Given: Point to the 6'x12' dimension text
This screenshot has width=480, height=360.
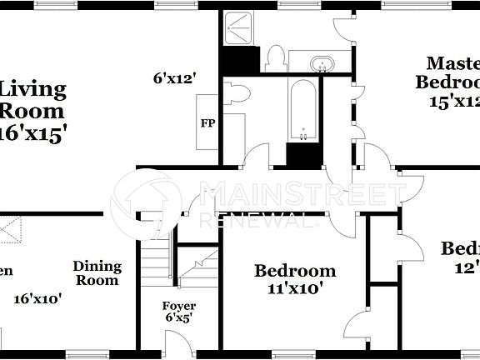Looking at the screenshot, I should coord(174,78).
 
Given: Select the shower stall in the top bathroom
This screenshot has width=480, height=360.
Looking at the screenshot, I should coord(241,30).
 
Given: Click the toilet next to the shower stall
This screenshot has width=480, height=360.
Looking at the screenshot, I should coord(275,58).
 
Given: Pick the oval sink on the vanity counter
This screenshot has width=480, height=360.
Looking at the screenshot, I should coord(321,63).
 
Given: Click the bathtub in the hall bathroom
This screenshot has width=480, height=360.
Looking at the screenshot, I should coord(303,109).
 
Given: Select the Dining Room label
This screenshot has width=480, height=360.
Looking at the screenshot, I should coord(97,273).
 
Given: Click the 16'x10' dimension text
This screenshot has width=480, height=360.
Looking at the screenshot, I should coord(38,297).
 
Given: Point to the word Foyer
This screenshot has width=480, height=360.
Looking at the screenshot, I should coord(178,306).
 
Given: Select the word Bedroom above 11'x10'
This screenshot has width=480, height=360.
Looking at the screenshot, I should coord(295,271).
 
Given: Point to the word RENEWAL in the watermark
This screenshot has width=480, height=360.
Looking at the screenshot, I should coord(258,221).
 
